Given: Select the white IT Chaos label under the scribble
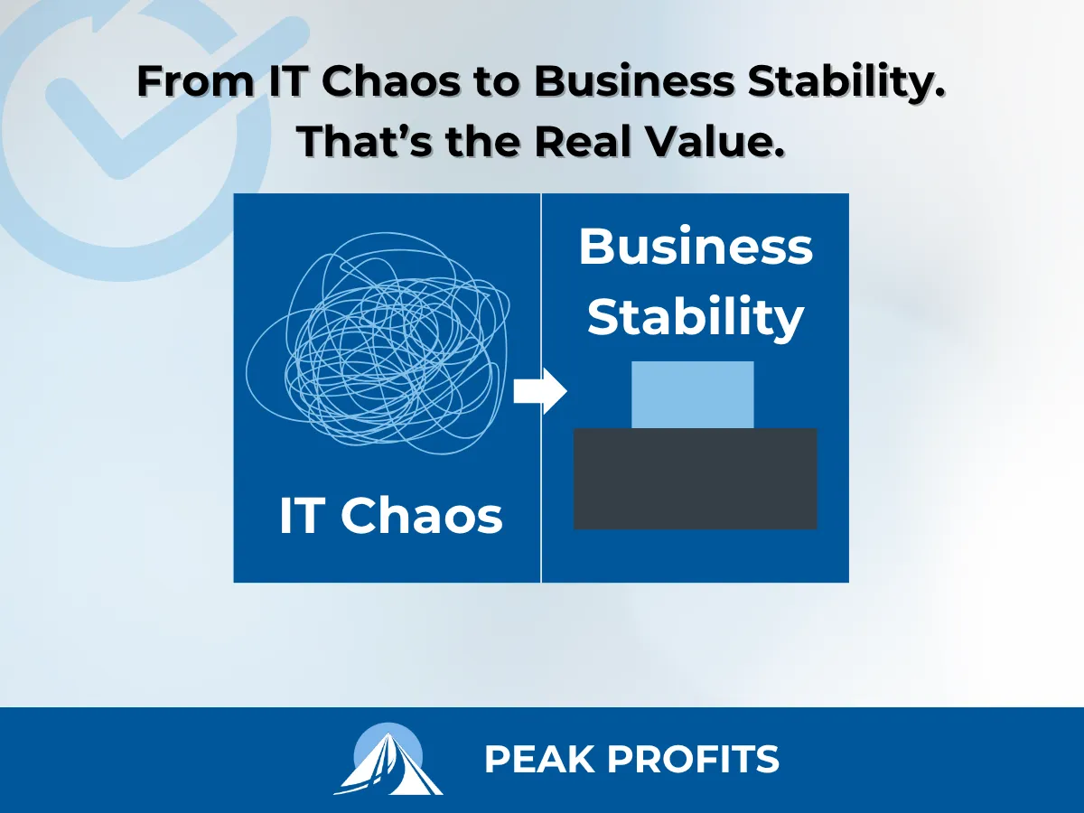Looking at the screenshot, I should click(x=390, y=517).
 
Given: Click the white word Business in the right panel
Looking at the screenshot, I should click(x=696, y=247).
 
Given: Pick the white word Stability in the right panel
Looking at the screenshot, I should click(x=696, y=317).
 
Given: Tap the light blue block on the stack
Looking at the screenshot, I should click(x=692, y=395).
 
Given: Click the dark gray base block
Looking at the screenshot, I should click(x=696, y=479).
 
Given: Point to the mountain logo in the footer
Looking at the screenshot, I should click(x=388, y=760).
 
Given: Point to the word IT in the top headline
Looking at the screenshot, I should click(x=285, y=83).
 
